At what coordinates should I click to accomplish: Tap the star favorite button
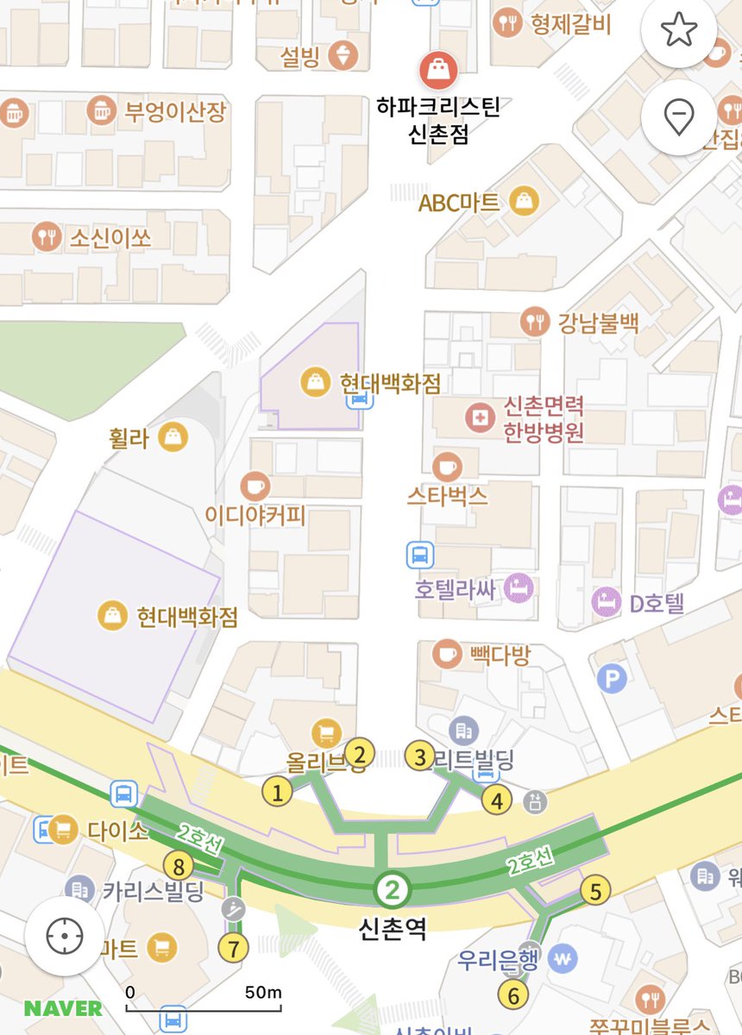pyautogui.click(x=679, y=31)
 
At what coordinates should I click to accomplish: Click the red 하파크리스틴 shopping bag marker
pyautogui.click(x=438, y=69)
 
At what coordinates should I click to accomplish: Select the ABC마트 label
pyautogui.click(x=458, y=203)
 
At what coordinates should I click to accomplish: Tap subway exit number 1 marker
pyautogui.click(x=277, y=791)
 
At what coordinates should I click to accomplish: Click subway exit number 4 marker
pyautogui.click(x=496, y=800)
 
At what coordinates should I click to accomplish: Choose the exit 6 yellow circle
pyautogui.click(x=513, y=996)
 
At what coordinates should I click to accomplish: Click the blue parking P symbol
pyautogui.click(x=611, y=679)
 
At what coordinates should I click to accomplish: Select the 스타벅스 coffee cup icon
pyautogui.click(x=446, y=467)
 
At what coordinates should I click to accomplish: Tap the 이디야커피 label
pyautogui.click(x=255, y=516)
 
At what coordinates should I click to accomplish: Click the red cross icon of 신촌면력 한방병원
pyautogui.click(x=477, y=418)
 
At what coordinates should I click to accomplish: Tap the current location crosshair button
pyautogui.click(x=64, y=936)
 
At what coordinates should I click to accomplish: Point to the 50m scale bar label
pyautogui.click(x=262, y=992)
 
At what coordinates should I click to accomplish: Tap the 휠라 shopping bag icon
pyautogui.click(x=175, y=436)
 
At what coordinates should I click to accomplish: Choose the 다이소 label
pyautogui.click(x=117, y=831)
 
